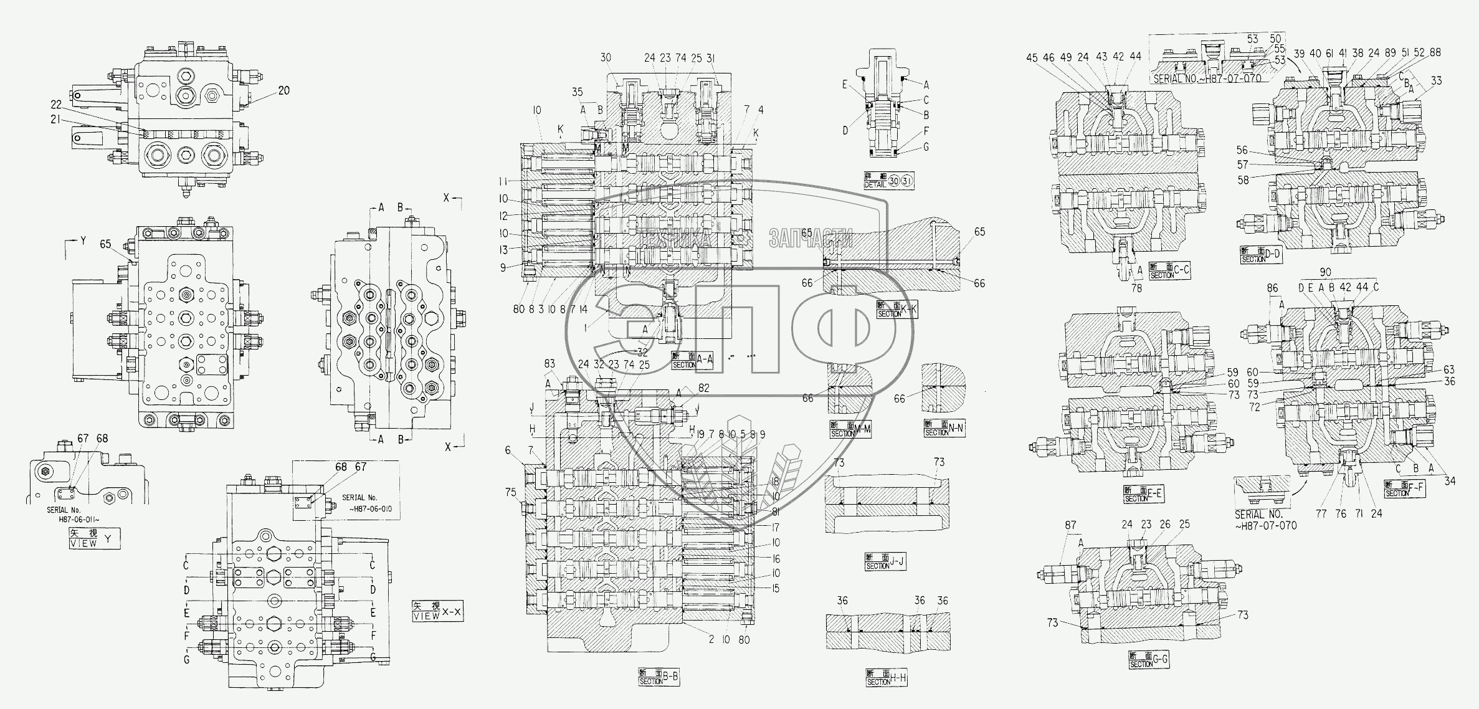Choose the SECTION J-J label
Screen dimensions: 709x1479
click(884, 561)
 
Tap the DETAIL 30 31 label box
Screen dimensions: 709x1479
click(889, 181)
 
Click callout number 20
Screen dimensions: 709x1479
click(283, 90)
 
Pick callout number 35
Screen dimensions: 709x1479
click(577, 92)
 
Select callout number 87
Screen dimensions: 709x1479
click(1070, 525)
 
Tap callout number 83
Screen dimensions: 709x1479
click(549, 363)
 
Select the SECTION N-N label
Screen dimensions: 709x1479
click(944, 429)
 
